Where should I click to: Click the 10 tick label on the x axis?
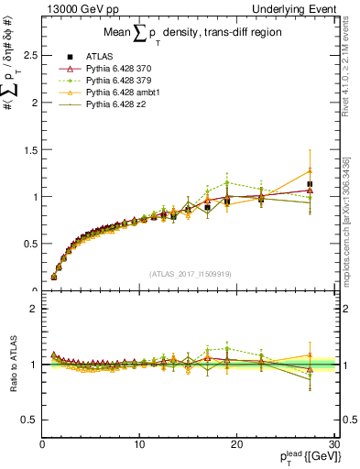(x=138, y=445)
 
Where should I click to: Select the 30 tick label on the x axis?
(x=333, y=445)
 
